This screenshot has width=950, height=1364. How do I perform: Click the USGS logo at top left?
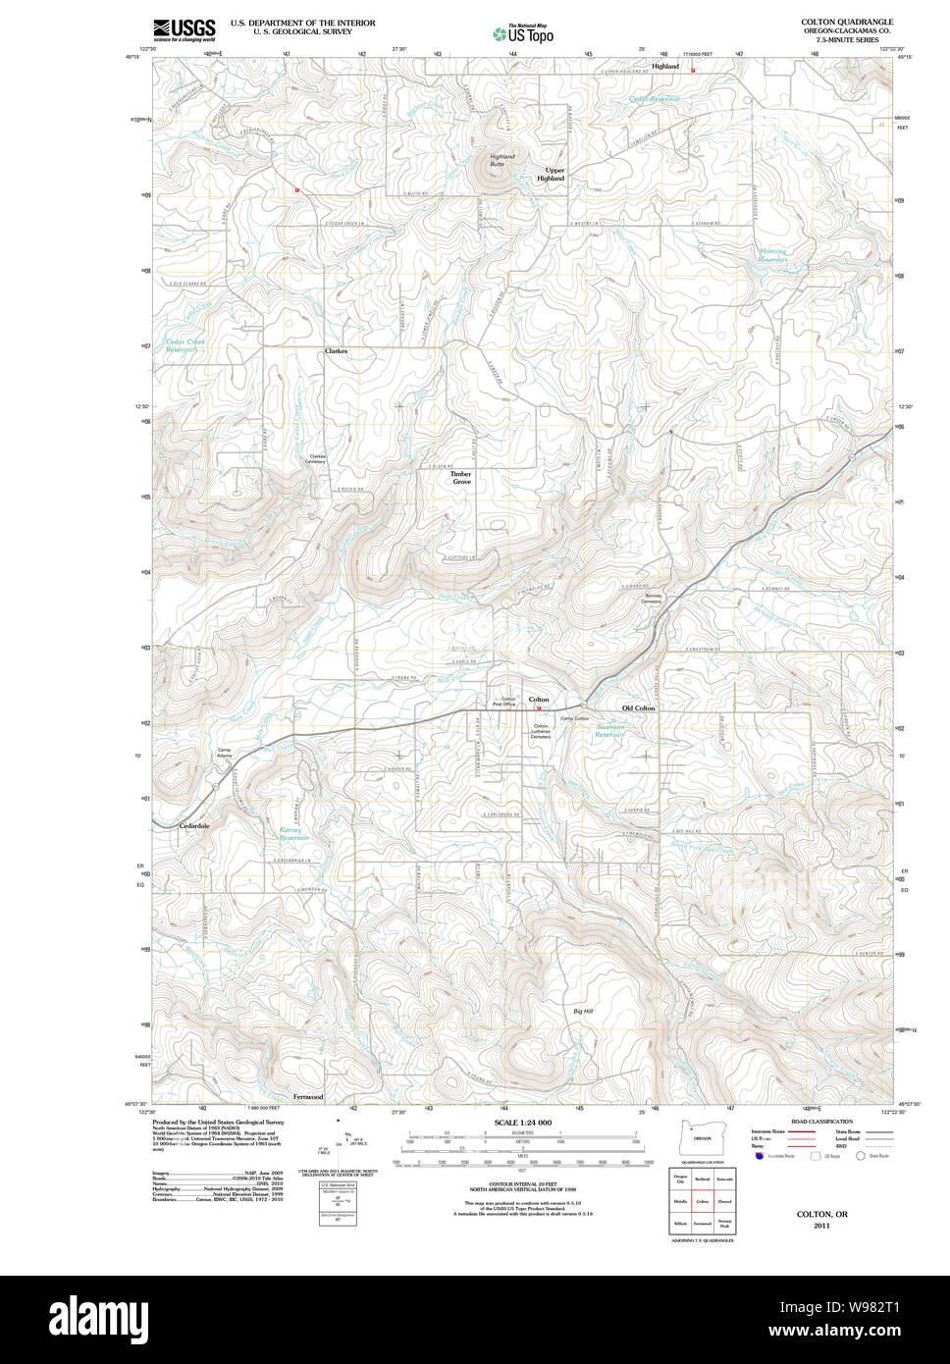[185, 29]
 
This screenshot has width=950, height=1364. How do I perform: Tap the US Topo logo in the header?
[523, 33]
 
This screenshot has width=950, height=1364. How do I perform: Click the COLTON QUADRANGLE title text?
[846, 22]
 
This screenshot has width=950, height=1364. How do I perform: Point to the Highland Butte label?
[501, 160]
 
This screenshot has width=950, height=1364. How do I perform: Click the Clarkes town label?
[336, 350]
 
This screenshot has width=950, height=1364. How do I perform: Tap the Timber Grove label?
[460, 478]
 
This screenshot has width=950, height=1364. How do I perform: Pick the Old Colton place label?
[638, 708]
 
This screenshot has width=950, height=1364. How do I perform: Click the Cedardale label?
[194, 825]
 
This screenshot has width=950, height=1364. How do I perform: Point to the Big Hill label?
[583, 1011]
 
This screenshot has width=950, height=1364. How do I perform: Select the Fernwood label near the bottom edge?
[307, 1096]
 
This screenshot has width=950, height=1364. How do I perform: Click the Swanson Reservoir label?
[609, 731]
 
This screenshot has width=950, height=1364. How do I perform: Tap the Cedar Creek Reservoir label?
[185, 345]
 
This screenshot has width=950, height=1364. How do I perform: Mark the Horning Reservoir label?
[772, 255]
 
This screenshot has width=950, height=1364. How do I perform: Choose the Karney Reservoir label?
[293, 833]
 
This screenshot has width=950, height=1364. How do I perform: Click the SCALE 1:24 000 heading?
[522, 1123]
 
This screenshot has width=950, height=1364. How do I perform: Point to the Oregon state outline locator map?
[700, 1141]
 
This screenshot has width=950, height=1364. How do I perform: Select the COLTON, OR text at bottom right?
[821, 1214]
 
